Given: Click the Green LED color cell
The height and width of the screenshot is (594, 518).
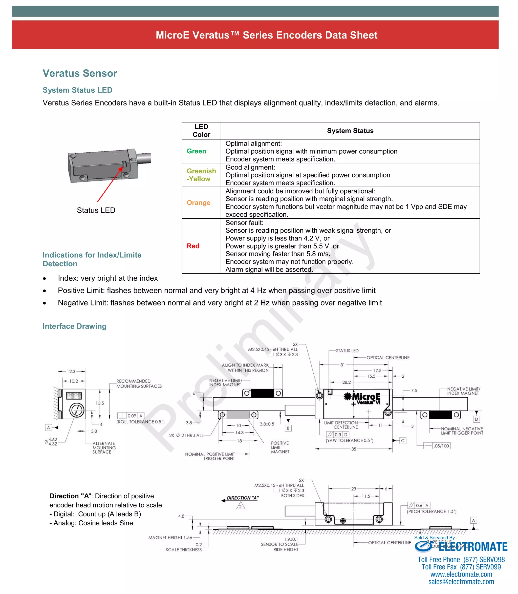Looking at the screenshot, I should tap(196, 151).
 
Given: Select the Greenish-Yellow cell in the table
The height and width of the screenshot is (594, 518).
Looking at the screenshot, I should tap(201, 175).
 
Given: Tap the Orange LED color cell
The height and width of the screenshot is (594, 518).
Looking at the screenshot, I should tap(198, 203).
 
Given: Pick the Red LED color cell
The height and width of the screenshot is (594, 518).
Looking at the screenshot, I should tap(193, 246).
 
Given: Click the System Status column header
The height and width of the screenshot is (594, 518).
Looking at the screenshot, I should tap(350, 131).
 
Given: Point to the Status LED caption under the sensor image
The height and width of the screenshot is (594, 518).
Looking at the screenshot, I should tap(96, 210).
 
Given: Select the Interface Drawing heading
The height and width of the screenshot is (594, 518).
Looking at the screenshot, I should tap(75, 326).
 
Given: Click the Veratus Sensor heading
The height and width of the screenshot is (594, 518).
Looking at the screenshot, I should tap(80, 73).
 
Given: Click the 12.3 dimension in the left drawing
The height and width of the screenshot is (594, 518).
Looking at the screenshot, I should tap(71, 371).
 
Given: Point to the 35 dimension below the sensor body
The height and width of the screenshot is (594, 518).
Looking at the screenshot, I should tap(354, 449).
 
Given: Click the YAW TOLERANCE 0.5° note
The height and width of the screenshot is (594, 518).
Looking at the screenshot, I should tap(350, 440).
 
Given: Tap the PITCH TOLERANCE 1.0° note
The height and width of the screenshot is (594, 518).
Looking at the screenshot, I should tap(431, 511).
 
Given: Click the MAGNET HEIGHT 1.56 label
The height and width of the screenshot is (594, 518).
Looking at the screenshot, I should tap(170, 538).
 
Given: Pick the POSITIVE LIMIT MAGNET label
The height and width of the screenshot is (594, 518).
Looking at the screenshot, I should tap(280, 447).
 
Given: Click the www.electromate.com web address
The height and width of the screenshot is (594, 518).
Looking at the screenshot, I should tap(461, 574).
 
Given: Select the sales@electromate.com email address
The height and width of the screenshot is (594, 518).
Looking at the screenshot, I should tap(461, 582).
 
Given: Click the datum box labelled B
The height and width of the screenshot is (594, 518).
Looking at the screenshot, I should tap(288, 428).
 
